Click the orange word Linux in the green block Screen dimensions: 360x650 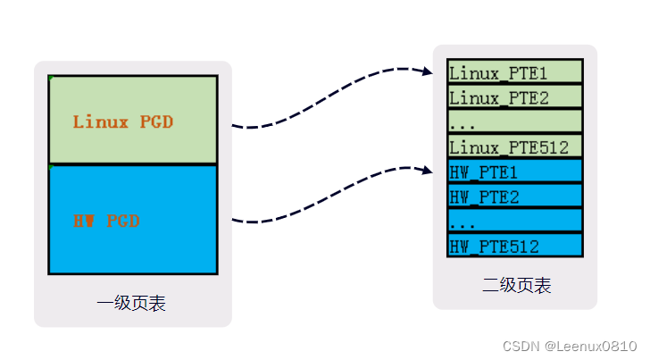tap(101, 121)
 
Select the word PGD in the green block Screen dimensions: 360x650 tap(156, 121)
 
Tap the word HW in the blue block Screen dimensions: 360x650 tap(85, 220)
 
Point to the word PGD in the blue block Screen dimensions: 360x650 tap(124, 220)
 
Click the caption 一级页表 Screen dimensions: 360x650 tap(131, 304)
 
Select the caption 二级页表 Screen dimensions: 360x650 tap(516, 285)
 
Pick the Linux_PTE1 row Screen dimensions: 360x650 tap(514, 72)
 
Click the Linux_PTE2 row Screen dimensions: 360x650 tap(514, 96)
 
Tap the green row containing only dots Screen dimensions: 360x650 tap(514, 121)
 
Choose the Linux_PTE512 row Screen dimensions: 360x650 tap(514, 146)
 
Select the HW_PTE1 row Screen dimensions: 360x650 tap(514, 171)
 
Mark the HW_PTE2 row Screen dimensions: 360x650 tap(514, 196)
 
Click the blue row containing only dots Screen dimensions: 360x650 tap(514, 220)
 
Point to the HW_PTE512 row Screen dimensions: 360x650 tap(514, 245)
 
